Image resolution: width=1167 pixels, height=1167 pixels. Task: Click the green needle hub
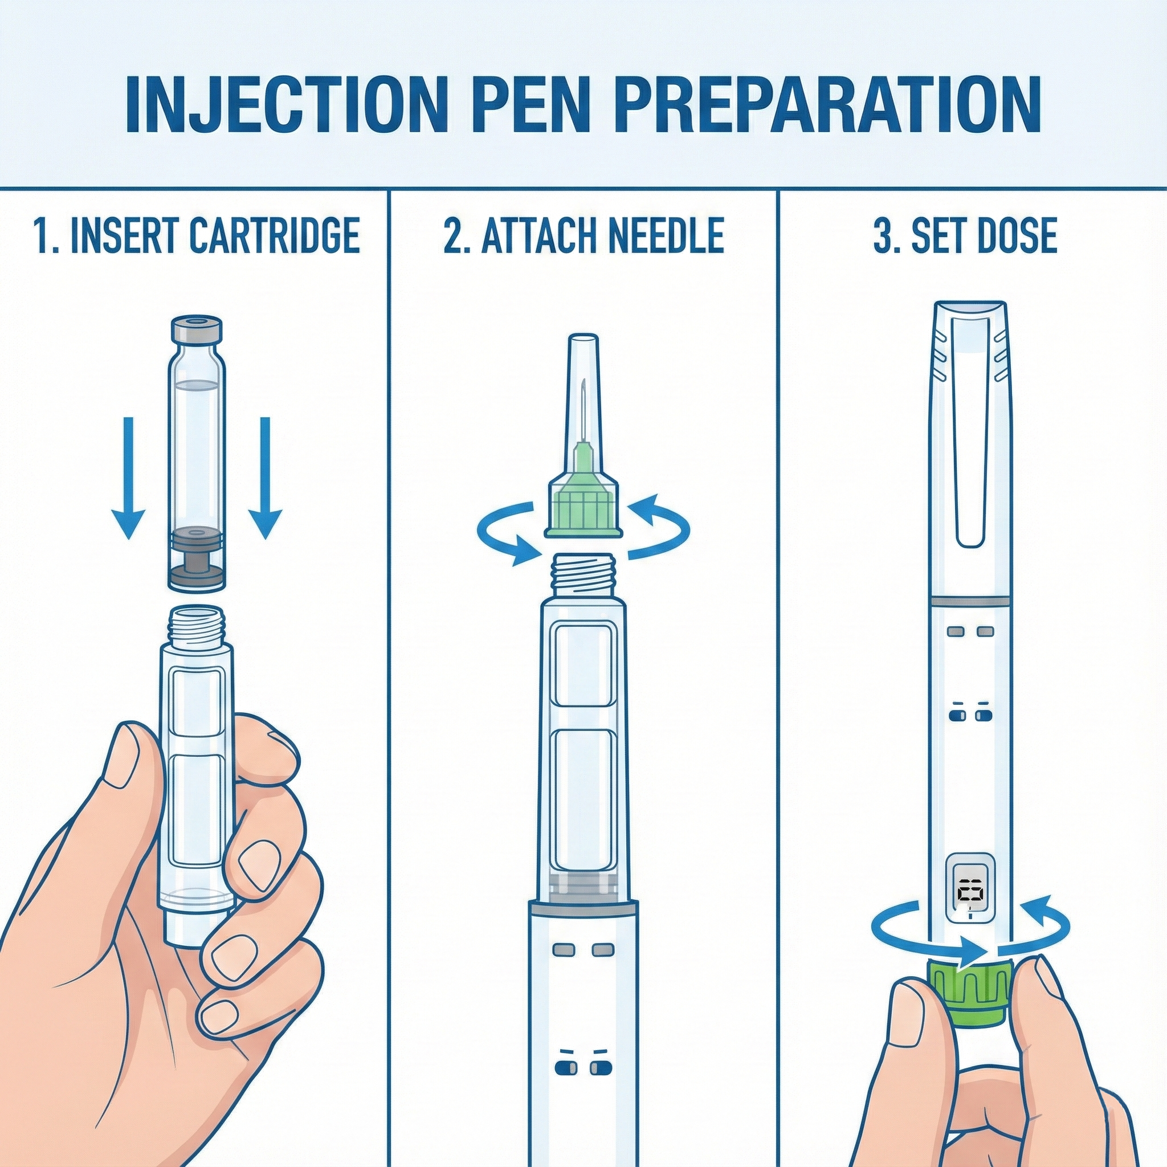pos(583,499)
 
